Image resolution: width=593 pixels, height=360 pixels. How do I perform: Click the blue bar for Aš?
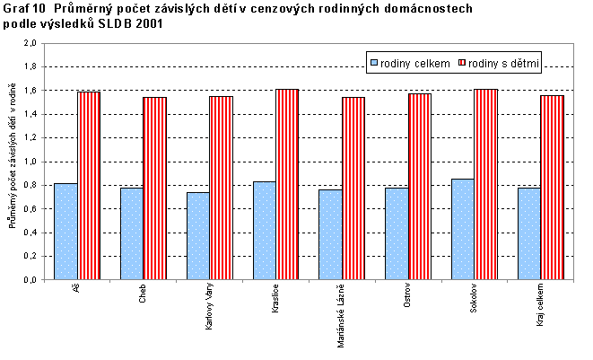coord(66,231)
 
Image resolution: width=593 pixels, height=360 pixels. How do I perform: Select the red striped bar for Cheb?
coord(154,188)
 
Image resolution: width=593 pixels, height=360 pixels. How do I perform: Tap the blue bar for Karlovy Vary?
coord(198,235)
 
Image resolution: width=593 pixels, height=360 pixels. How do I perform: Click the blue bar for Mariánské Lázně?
coord(330,233)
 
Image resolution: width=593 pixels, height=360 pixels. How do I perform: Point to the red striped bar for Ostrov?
coord(419,186)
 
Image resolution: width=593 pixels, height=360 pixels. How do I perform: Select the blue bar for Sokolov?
coord(463,229)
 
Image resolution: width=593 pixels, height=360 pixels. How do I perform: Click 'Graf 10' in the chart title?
coord(22,8)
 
